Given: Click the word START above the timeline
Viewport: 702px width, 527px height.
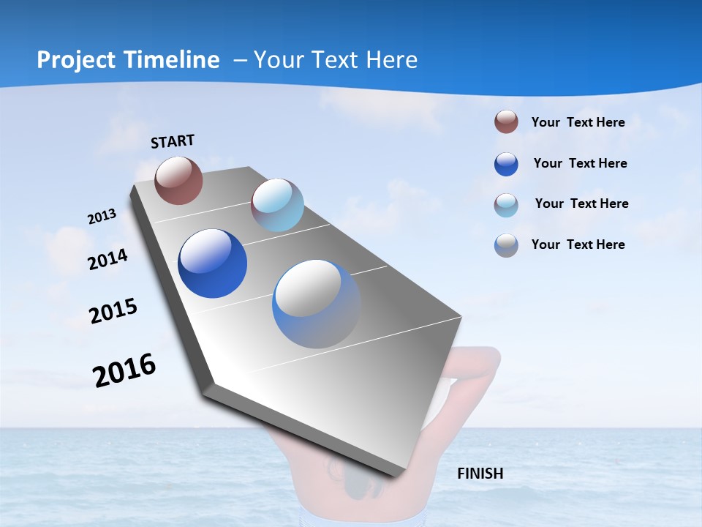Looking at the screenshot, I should [x=173, y=141].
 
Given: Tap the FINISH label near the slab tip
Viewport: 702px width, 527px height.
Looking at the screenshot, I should [x=480, y=474].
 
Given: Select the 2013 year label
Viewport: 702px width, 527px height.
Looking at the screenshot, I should [x=102, y=217].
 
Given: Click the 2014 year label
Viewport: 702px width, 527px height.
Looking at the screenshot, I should [x=108, y=259].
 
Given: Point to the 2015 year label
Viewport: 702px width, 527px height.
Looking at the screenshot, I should [x=113, y=311].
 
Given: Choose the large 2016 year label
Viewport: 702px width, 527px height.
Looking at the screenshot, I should [x=124, y=370].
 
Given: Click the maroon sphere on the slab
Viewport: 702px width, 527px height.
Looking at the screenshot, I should [x=178, y=180].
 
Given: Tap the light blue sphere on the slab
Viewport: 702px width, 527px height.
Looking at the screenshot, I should [x=277, y=205].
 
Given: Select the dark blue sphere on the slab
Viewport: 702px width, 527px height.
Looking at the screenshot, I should [x=213, y=263].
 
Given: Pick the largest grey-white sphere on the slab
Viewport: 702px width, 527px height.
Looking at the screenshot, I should [x=317, y=304].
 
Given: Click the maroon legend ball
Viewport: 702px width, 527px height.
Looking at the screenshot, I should [x=506, y=122].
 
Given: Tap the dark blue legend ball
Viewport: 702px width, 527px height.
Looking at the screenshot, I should [x=506, y=164].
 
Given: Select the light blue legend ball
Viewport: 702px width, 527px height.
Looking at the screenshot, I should [x=506, y=205].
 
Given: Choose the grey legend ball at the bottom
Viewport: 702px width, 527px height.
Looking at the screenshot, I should [x=506, y=245].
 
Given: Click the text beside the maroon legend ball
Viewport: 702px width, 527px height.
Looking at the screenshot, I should [x=578, y=122].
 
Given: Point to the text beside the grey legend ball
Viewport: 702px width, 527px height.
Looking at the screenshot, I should [x=578, y=244].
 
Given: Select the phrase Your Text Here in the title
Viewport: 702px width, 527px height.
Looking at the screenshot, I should [x=336, y=60].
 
